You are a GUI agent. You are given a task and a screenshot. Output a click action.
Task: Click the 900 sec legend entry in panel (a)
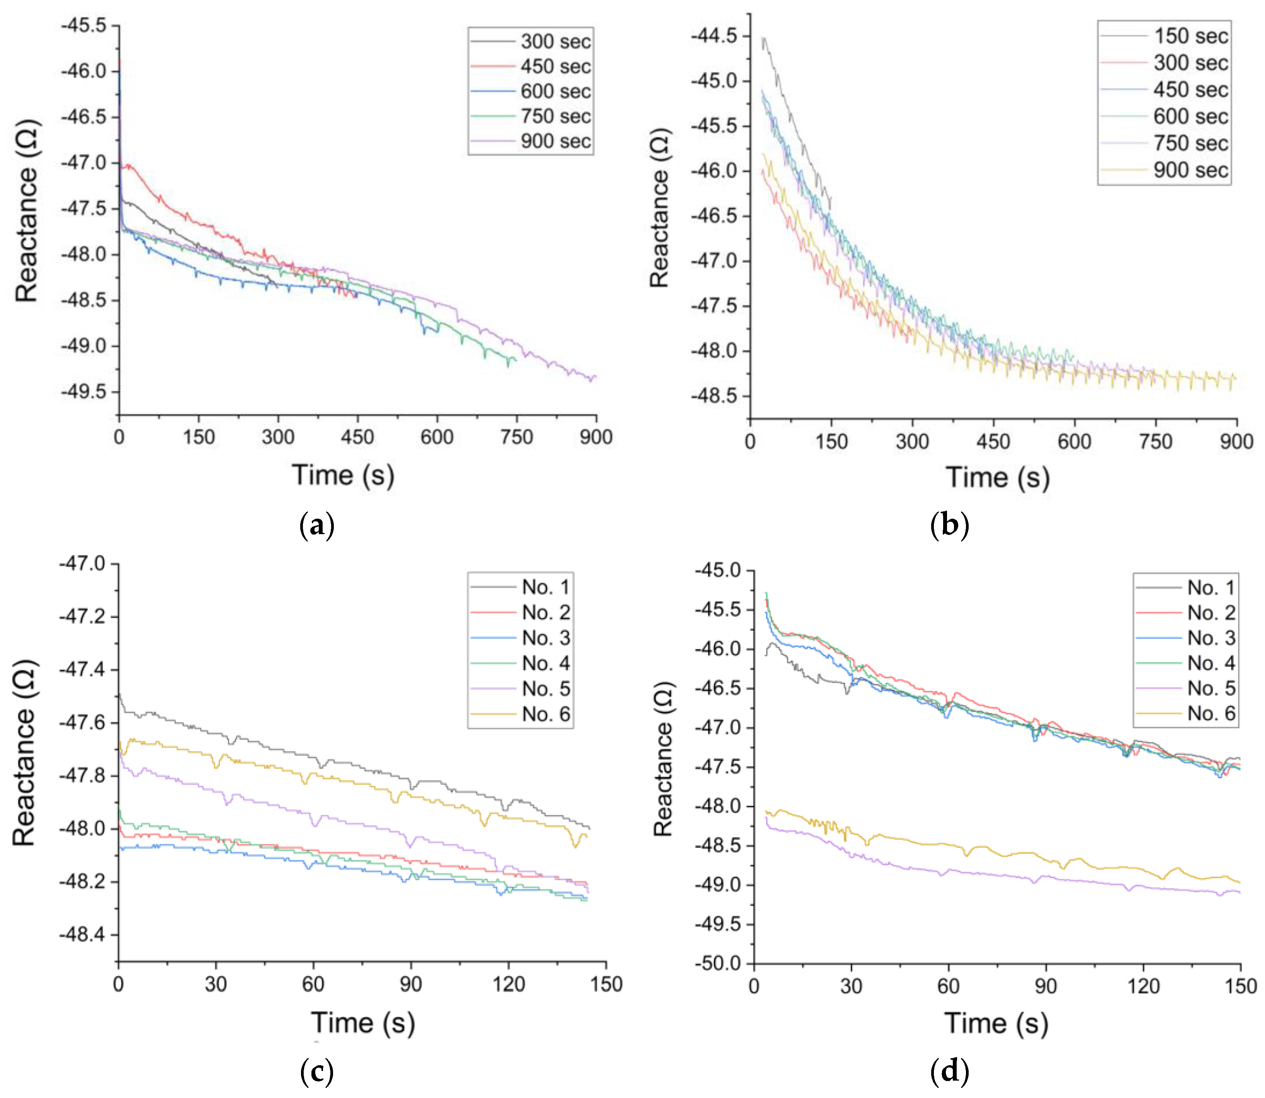click(x=531, y=141)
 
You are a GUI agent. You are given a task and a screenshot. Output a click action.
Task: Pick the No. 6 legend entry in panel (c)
click(x=520, y=714)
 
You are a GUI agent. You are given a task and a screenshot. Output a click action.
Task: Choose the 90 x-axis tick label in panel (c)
click(x=411, y=984)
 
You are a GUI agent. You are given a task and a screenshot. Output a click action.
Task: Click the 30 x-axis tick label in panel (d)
click(x=851, y=986)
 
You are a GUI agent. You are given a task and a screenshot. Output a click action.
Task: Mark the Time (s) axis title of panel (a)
click(x=343, y=475)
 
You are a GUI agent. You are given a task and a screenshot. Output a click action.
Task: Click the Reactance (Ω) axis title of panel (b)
click(x=660, y=208)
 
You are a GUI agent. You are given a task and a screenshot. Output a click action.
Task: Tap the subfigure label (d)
click(x=949, y=1071)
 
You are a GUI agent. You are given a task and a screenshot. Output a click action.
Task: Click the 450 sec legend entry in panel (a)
click(x=531, y=66)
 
